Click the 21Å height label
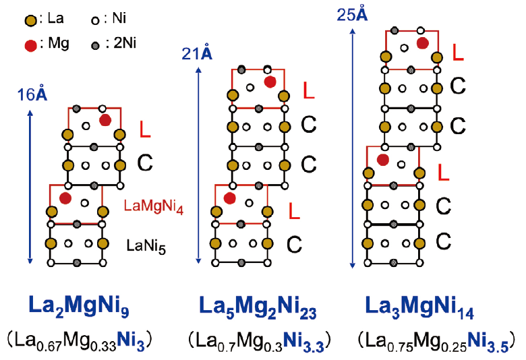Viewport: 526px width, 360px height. [197, 53]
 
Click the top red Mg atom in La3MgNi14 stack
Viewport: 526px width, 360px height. [423, 43]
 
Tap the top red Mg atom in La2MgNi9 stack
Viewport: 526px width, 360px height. [105, 120]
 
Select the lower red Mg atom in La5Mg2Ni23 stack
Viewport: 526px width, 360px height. [230, 198]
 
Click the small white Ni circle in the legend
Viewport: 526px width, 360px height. [95, 21]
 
